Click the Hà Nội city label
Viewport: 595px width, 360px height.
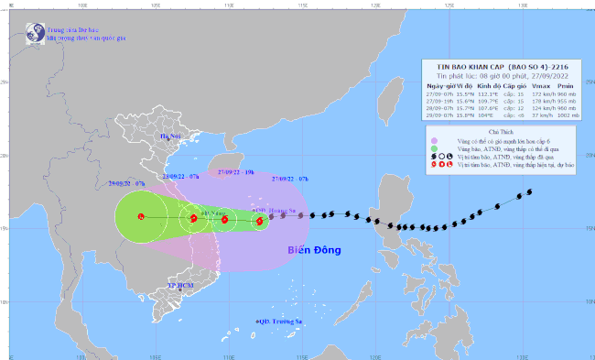(x=171, y=137)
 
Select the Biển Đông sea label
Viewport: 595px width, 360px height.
(x=314, y=250)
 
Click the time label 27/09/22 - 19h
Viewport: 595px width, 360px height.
(x=224, y=172)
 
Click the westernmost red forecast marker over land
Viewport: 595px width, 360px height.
(x=141, y=217)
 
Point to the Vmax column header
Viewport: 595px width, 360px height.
(x=539, y=84)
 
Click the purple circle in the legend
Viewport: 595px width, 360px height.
(x=433, y=141)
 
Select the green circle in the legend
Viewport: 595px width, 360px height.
(x=433, y=149)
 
